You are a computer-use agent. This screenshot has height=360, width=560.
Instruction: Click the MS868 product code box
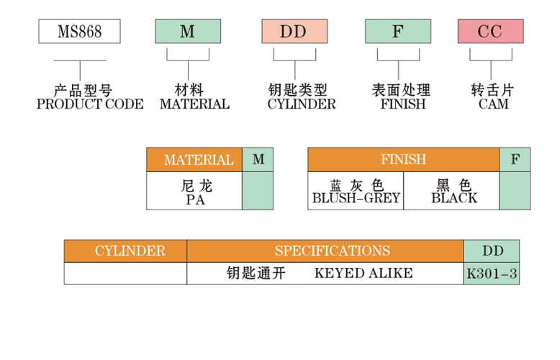[79, 32]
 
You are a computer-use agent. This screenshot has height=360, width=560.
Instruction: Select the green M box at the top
[188, 32]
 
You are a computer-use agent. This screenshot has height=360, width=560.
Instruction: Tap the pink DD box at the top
[293, 32]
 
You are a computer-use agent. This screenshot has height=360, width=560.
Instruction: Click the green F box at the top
[398, 32]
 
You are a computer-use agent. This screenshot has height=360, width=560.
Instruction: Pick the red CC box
[490, 32]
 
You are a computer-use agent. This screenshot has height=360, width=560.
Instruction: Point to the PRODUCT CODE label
[90, 104]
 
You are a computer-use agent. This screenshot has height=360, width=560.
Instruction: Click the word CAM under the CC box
[493, 104]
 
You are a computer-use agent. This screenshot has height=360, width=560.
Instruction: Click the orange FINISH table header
[403, 160]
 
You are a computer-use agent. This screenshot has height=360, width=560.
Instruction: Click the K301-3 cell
[492, 274]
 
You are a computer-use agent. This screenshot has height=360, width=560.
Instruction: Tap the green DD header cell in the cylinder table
[492, 251]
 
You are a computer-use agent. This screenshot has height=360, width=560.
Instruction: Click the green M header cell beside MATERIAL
[258, 160]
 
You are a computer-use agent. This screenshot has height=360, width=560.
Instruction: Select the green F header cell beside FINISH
[515, 160]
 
